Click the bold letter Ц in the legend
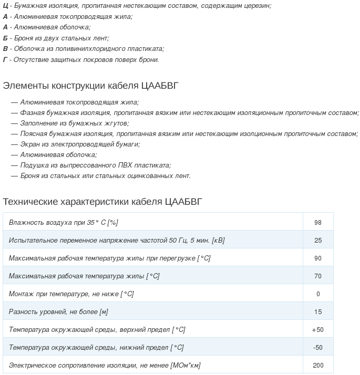(5, 5)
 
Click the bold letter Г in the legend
(5, 60)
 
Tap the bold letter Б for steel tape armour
(5, 38)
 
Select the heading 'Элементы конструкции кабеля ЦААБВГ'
(95, 86)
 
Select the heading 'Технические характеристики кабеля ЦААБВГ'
(102, 202)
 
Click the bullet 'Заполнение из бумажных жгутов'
(74, 123)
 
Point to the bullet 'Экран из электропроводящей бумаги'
(80, 144)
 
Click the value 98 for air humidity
(318, 223)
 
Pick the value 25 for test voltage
(318, 241)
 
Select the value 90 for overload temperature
(318, 258)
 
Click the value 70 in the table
(318, 276)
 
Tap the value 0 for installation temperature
(318, 294)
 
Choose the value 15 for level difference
(318, 312)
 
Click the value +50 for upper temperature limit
(318, 330)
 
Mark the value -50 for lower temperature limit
(318, 348)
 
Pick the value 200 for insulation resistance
(318, 366)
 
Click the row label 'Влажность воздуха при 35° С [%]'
(63, 223)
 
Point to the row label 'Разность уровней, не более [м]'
(58, 312)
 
